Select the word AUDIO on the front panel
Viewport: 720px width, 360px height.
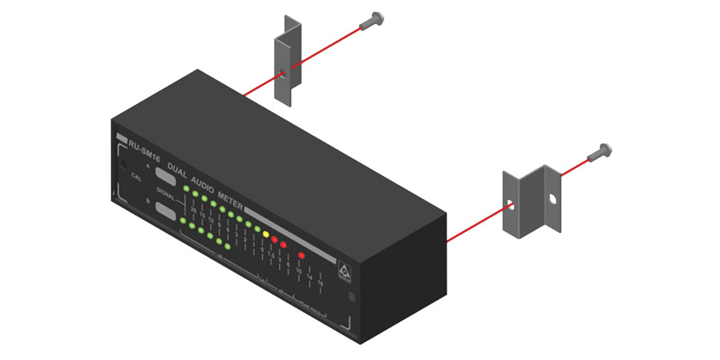[204, 178]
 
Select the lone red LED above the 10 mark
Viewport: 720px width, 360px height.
[302, 255]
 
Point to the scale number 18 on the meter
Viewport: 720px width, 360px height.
[320, 282]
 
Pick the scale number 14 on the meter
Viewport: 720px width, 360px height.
[310, 277]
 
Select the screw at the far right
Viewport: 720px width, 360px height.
[599, 152]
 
